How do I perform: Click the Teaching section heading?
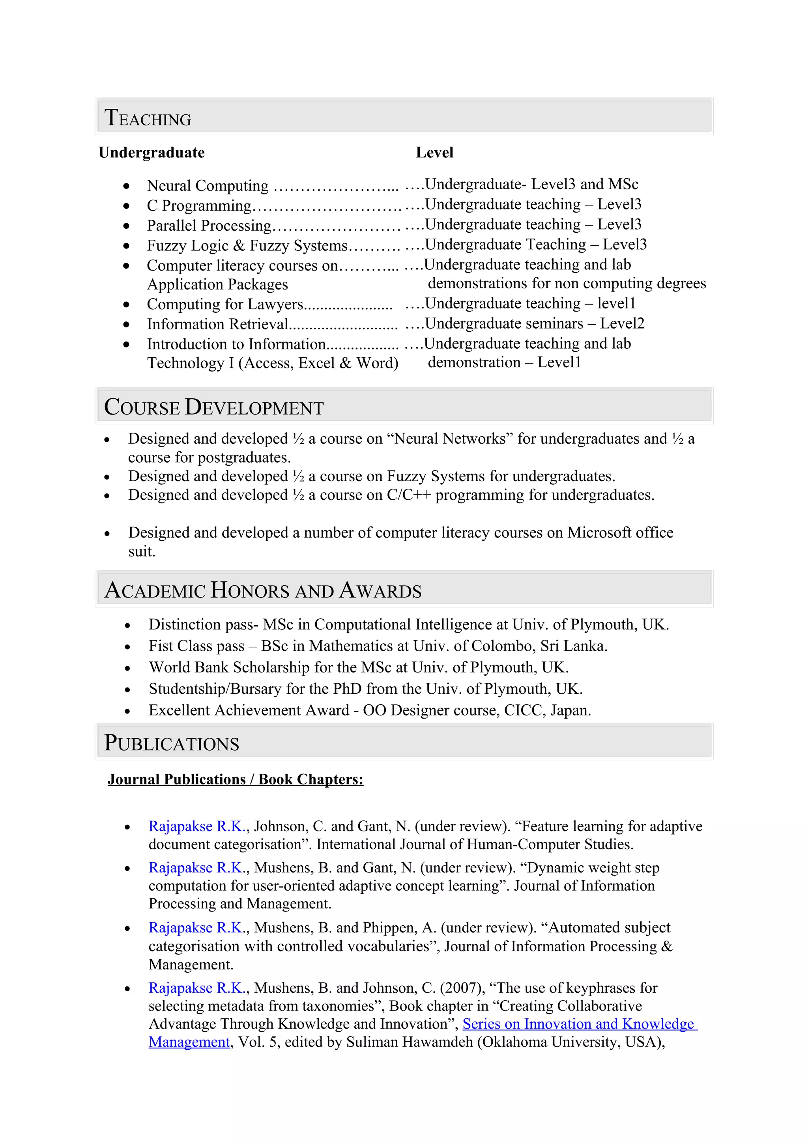click(x=148, y=118)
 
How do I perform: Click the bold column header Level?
click(x=434, y=152)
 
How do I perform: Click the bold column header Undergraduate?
click(x=151, y=152)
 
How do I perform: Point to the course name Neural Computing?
click(x=207, y=186)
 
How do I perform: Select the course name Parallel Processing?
click(x=209, y=226)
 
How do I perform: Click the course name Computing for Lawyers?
click(x=224, y=304)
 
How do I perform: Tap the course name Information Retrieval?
click(x=217, y=324)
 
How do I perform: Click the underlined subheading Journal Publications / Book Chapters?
click(x=235, y=779)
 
